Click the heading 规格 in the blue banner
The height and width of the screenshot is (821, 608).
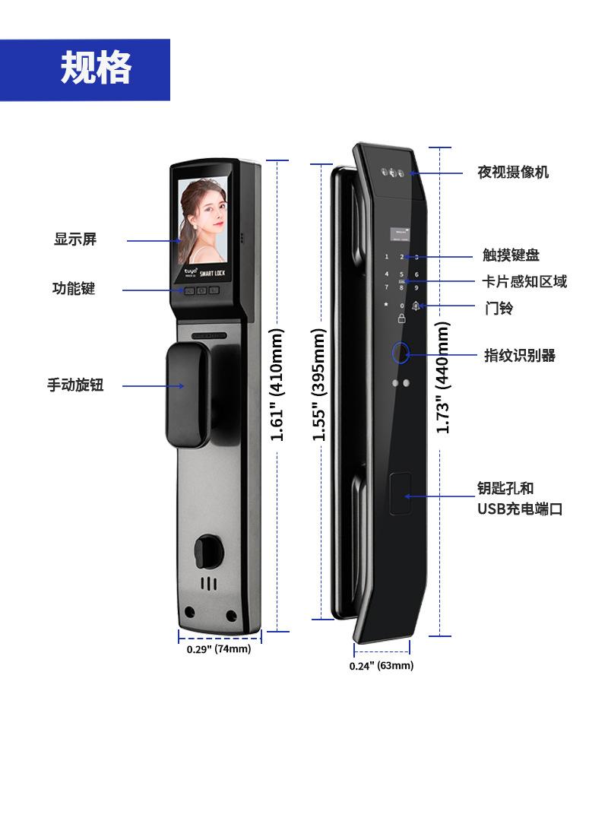pyautogui.click(x=96, y=68)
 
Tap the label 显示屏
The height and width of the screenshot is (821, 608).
pyautogui.click(x=75, y=239)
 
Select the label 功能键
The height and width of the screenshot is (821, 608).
pyautogui.click(x=74, y=289)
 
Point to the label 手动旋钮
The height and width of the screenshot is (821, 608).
pyautogui.click(x=75, y=385)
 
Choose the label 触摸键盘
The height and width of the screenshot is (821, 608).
pyautogui.click(x=511, y=255)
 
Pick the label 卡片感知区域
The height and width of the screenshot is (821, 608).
pyautogui.click(x=524, y=281)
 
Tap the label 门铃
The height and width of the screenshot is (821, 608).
pyautogui.click(x=499, y=308)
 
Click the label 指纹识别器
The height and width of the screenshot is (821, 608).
pyautogui.click(x=520, y=355)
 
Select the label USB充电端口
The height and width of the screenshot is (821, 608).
pyautogui.click(x=520, y=509)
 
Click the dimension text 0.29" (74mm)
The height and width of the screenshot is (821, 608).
pyautogui.click(x=219, y=649)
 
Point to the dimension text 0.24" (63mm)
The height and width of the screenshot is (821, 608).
pyautogui.click(x=382, y=666)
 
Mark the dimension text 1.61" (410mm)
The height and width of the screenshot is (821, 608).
pyautogui.click(x=277, y=385)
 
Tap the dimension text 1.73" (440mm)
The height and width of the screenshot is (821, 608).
pyautogui.click(x=443, y=378)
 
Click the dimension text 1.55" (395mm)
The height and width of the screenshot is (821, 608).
pyautogui.click(x=319, y=385)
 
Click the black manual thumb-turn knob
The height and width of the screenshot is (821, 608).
pyautogui.click(x=187, y=395)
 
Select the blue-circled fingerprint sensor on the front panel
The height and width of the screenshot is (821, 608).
pyautogui.click(x=400, y=353)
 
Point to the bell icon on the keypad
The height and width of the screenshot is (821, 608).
pyautogui.click(x=416, y=306)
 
